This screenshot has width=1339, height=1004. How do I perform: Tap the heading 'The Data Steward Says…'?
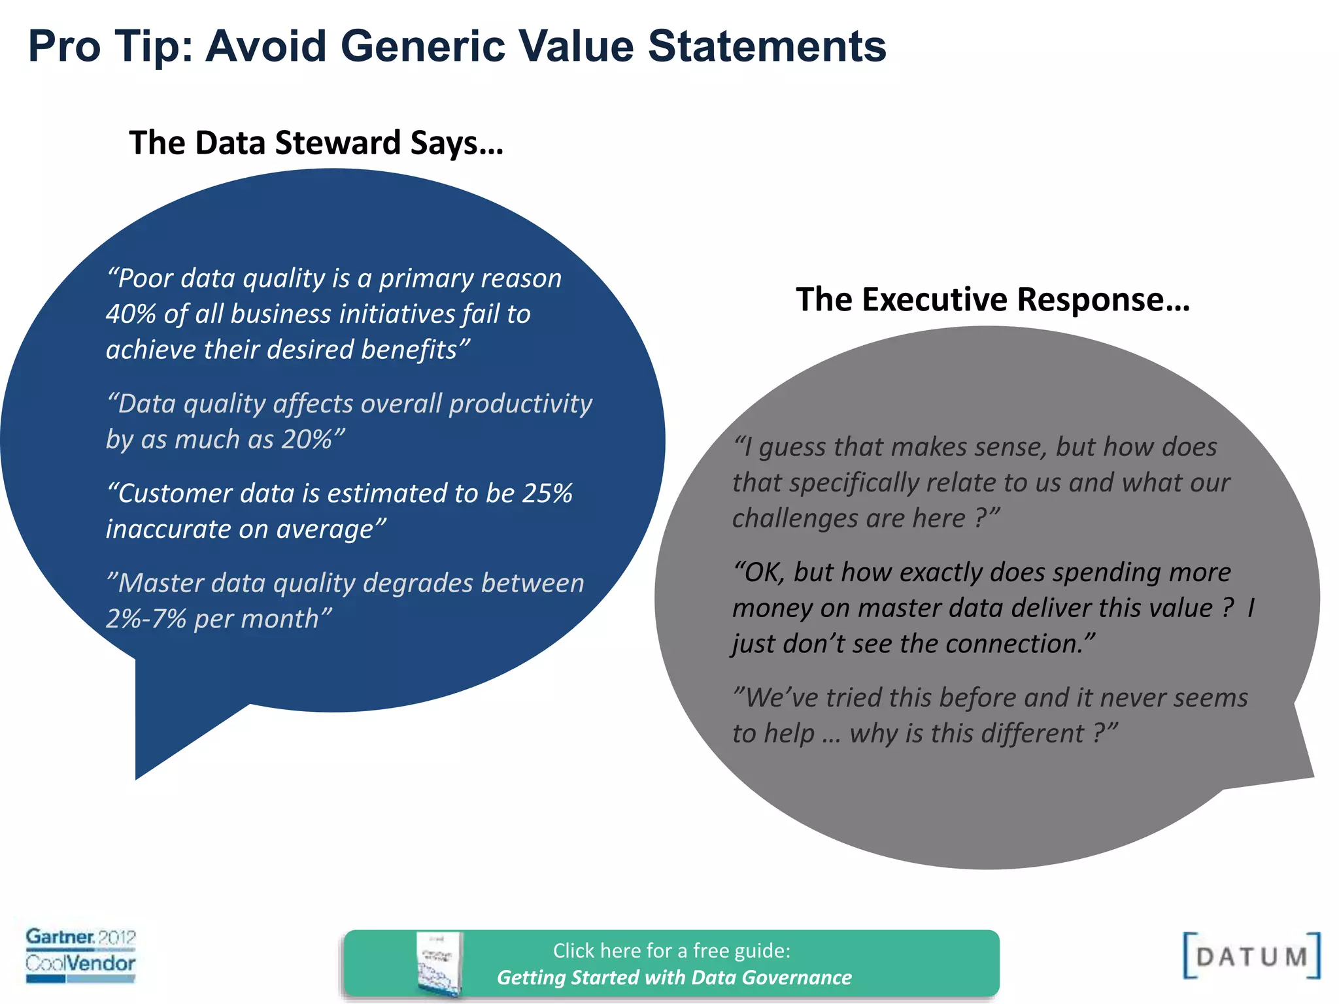coord(316,143)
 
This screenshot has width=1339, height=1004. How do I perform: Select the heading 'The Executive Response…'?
coord(992,300)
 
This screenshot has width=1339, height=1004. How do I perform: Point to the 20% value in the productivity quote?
coord(307,440)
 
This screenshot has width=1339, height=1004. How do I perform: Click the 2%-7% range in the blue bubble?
coord(146,619)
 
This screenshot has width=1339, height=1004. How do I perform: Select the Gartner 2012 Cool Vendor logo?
coord(80,954)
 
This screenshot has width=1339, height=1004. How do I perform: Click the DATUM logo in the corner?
coord(1251,956)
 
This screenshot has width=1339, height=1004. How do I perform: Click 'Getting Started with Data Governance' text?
coord(674,977)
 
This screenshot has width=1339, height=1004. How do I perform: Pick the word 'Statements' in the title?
coord(767,47)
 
